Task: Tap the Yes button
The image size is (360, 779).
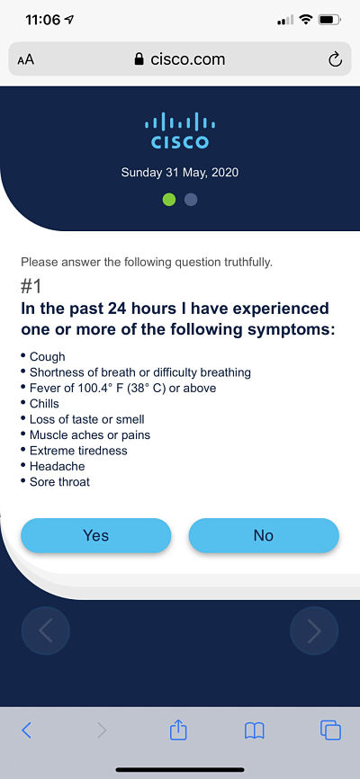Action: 96,535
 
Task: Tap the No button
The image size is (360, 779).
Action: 264,535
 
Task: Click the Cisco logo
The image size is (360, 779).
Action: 179,130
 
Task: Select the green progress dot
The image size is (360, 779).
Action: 169,200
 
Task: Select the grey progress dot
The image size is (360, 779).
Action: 191,200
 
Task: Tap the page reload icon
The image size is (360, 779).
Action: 335,59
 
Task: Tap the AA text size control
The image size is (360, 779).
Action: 26,60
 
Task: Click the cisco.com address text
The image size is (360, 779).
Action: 187,59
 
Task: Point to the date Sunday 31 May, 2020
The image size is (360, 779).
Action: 179,173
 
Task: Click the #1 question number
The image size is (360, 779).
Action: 31,287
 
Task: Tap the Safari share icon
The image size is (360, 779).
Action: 178,730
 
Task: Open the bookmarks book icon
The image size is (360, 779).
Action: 254,730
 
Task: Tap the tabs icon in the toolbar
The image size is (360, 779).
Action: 330,730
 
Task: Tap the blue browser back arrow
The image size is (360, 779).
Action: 27,730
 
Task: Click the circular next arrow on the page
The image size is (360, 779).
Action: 314,631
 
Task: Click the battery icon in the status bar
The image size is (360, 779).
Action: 328,21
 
